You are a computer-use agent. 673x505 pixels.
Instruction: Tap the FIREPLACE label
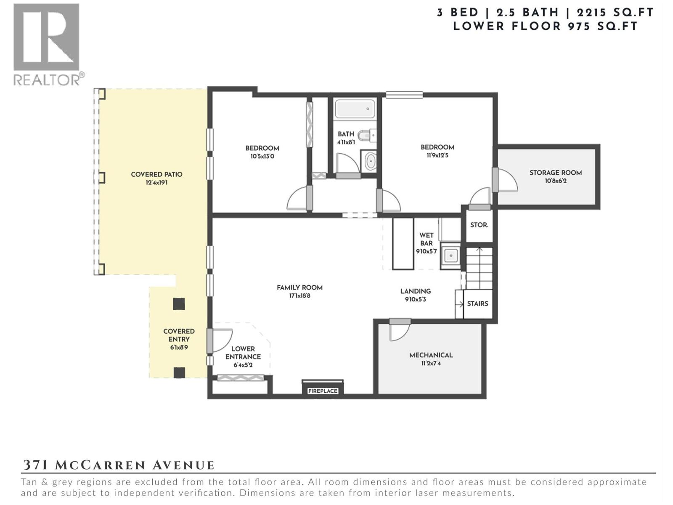point(323,391)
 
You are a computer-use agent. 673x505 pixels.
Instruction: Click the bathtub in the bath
point(355,109)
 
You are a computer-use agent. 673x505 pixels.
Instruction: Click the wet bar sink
point(451,255)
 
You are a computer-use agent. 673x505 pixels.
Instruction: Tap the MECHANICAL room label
point(431,355)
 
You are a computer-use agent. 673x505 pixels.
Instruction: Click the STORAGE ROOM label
point(555,173)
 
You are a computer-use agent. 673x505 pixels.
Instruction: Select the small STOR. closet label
point(479,225)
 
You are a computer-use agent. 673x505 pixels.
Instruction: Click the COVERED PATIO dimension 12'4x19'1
point(156,183)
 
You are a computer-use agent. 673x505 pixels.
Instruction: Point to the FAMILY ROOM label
point(299,287)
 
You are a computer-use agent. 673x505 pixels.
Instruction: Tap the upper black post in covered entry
point(179,304)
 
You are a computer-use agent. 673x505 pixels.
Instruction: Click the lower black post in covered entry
point(179,372)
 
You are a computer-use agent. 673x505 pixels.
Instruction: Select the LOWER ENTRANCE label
point(243,353)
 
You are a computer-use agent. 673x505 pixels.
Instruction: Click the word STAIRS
point(477,303)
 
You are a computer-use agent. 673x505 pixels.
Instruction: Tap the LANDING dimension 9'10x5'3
point(415,300)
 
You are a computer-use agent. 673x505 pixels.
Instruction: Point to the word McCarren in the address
point(101,465)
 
